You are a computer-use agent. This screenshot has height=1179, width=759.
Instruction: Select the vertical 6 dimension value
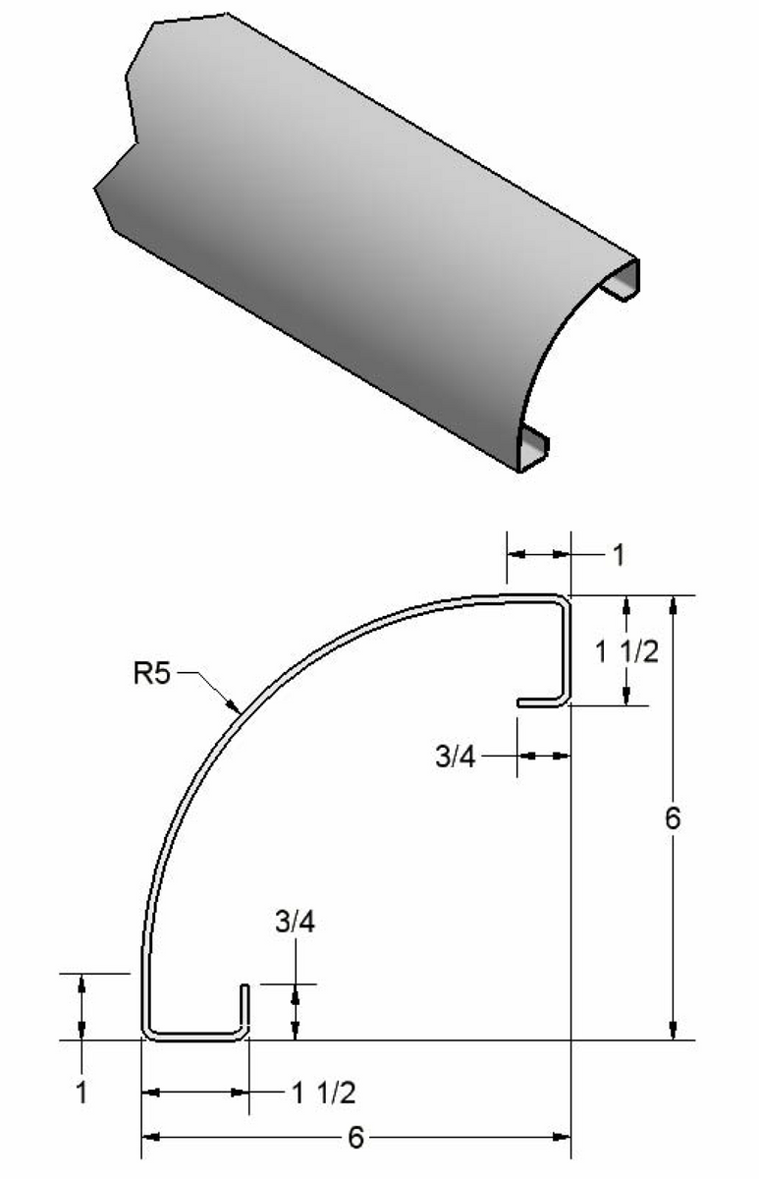coord(672,818)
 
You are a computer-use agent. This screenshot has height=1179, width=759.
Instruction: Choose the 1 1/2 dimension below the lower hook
coord(323,1092)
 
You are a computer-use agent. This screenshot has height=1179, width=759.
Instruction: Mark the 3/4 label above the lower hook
coord(294,925)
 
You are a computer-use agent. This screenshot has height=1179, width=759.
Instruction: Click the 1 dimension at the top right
coord(618,556)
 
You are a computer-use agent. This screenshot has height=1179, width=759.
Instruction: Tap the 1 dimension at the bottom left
coord(81,1092)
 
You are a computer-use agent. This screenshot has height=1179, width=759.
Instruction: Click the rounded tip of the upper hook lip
coord(521,702)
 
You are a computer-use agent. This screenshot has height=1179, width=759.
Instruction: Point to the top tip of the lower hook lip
coord(244,984)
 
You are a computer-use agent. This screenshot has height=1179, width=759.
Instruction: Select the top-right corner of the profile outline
coord(567,598)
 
